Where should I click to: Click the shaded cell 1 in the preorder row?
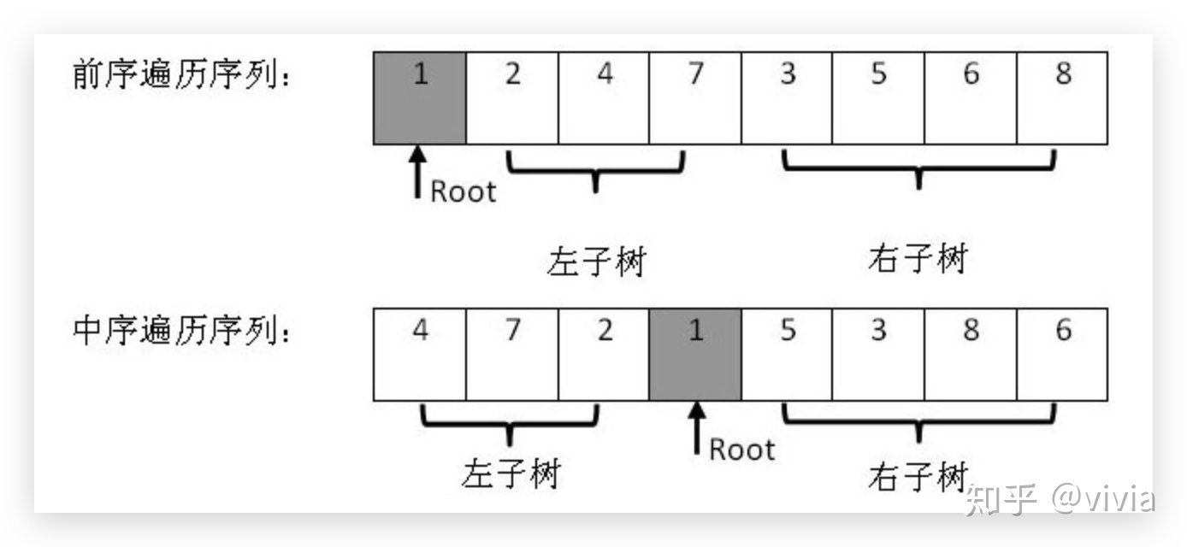coord(420,98)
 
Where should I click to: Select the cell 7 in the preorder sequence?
coord(695,98)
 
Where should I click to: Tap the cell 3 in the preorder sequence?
coord(787,98)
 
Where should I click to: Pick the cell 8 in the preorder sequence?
coord(1062,98)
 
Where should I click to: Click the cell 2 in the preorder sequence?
coord(512,98)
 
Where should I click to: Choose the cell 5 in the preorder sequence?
coord(878,98)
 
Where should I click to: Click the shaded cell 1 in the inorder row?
coord(695,355)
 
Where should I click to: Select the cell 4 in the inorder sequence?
coord(420,355)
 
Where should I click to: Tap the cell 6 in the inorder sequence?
coord(1062,355)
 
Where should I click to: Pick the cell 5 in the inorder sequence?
coord(787,355)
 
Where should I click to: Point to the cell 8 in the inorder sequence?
coord(971,355)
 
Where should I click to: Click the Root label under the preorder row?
coord(464,191)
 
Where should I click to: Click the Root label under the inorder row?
coord(742,450)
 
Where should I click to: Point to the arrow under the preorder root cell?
coord(417,173)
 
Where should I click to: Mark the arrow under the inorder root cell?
coord(697,428)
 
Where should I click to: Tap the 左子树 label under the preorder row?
coord(597,261)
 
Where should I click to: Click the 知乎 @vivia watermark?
coord(1060,499)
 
